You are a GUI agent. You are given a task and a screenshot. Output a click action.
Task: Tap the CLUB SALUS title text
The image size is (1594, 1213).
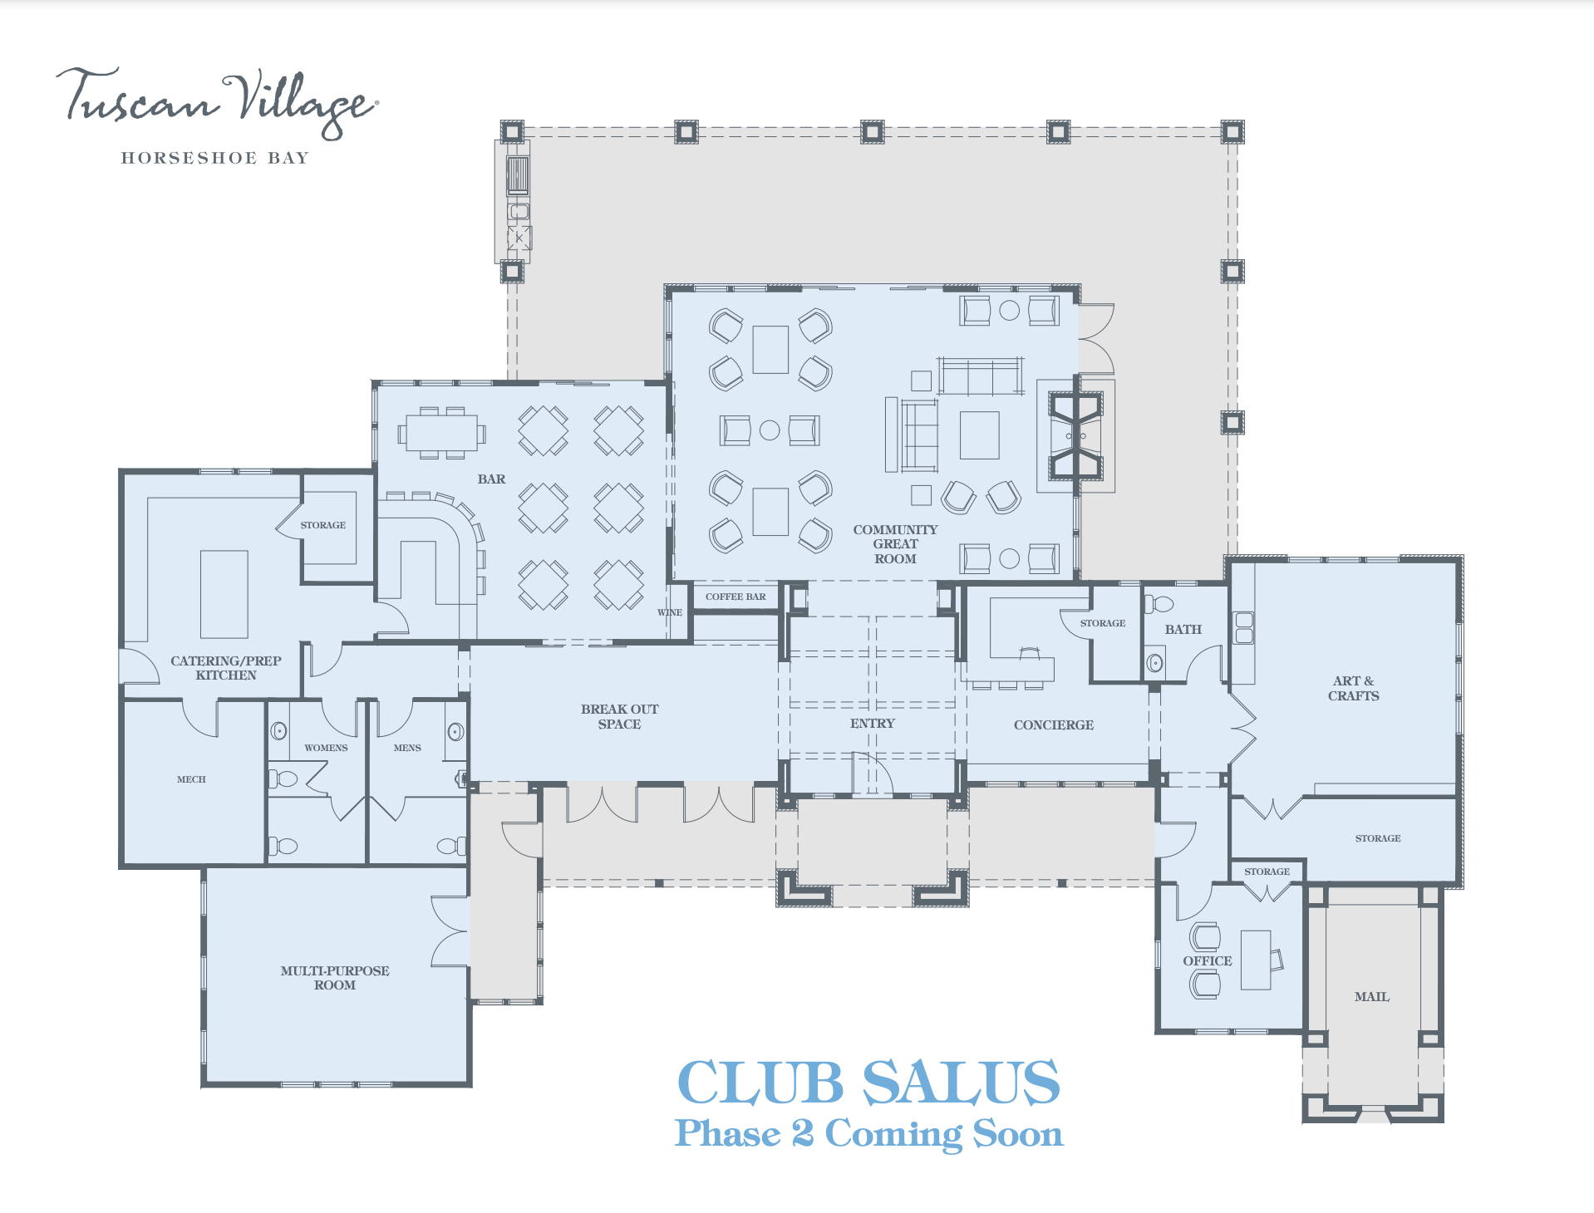tap(868, 1083)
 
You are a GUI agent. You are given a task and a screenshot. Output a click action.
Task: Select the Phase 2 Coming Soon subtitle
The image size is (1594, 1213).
tap(868, 1134)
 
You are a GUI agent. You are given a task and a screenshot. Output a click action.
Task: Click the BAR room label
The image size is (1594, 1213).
tap(491, 479)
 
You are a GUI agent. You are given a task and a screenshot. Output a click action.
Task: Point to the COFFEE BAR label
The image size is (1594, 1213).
tap(736, 597)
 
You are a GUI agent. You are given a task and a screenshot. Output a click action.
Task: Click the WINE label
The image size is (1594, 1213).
tap(670, 612)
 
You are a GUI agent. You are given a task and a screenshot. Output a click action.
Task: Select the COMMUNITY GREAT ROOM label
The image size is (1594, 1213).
tap(895, 544)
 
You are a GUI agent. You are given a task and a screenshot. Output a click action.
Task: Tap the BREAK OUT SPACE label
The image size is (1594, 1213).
tap(619, 716)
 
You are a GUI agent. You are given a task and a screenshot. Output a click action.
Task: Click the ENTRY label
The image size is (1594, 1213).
tap(872, 724)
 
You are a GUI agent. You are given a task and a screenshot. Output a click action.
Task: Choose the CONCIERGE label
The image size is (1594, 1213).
tap(1053, 725)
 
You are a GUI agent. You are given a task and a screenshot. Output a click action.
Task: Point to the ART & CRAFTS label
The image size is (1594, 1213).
tap(1353, 689)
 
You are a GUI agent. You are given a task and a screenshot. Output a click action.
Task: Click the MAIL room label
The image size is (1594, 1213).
tap(1371, 997)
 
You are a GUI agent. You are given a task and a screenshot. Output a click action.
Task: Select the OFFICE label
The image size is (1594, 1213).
tap(1207, 961)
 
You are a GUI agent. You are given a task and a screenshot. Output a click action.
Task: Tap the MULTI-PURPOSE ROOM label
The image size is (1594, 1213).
tap(335, 978)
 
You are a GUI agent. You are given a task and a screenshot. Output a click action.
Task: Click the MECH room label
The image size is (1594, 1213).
tap(191, 779)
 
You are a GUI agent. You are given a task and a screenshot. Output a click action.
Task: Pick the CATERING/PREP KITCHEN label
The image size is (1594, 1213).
tap(226, 668)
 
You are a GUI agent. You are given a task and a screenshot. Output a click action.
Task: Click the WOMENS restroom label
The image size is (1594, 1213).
tap(326, 748)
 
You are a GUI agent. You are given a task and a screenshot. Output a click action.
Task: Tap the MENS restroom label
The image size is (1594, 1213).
tap(407, 748)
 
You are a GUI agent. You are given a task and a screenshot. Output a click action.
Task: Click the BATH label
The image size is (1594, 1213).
tap(1183, 630)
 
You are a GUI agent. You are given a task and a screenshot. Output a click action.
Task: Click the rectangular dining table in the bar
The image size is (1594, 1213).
tap(441, 433)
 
